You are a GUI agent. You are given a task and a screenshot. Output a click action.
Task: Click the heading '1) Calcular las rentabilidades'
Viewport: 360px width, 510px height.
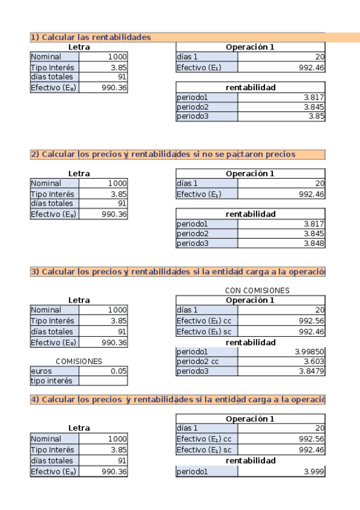pos(91,37)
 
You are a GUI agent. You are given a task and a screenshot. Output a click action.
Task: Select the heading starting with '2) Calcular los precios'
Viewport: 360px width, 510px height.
pos(163,154)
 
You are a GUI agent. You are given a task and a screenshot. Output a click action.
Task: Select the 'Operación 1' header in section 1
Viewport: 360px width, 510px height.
pos(250,47)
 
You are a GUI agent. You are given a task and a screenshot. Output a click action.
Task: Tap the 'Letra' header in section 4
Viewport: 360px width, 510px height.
pos(79,428)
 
